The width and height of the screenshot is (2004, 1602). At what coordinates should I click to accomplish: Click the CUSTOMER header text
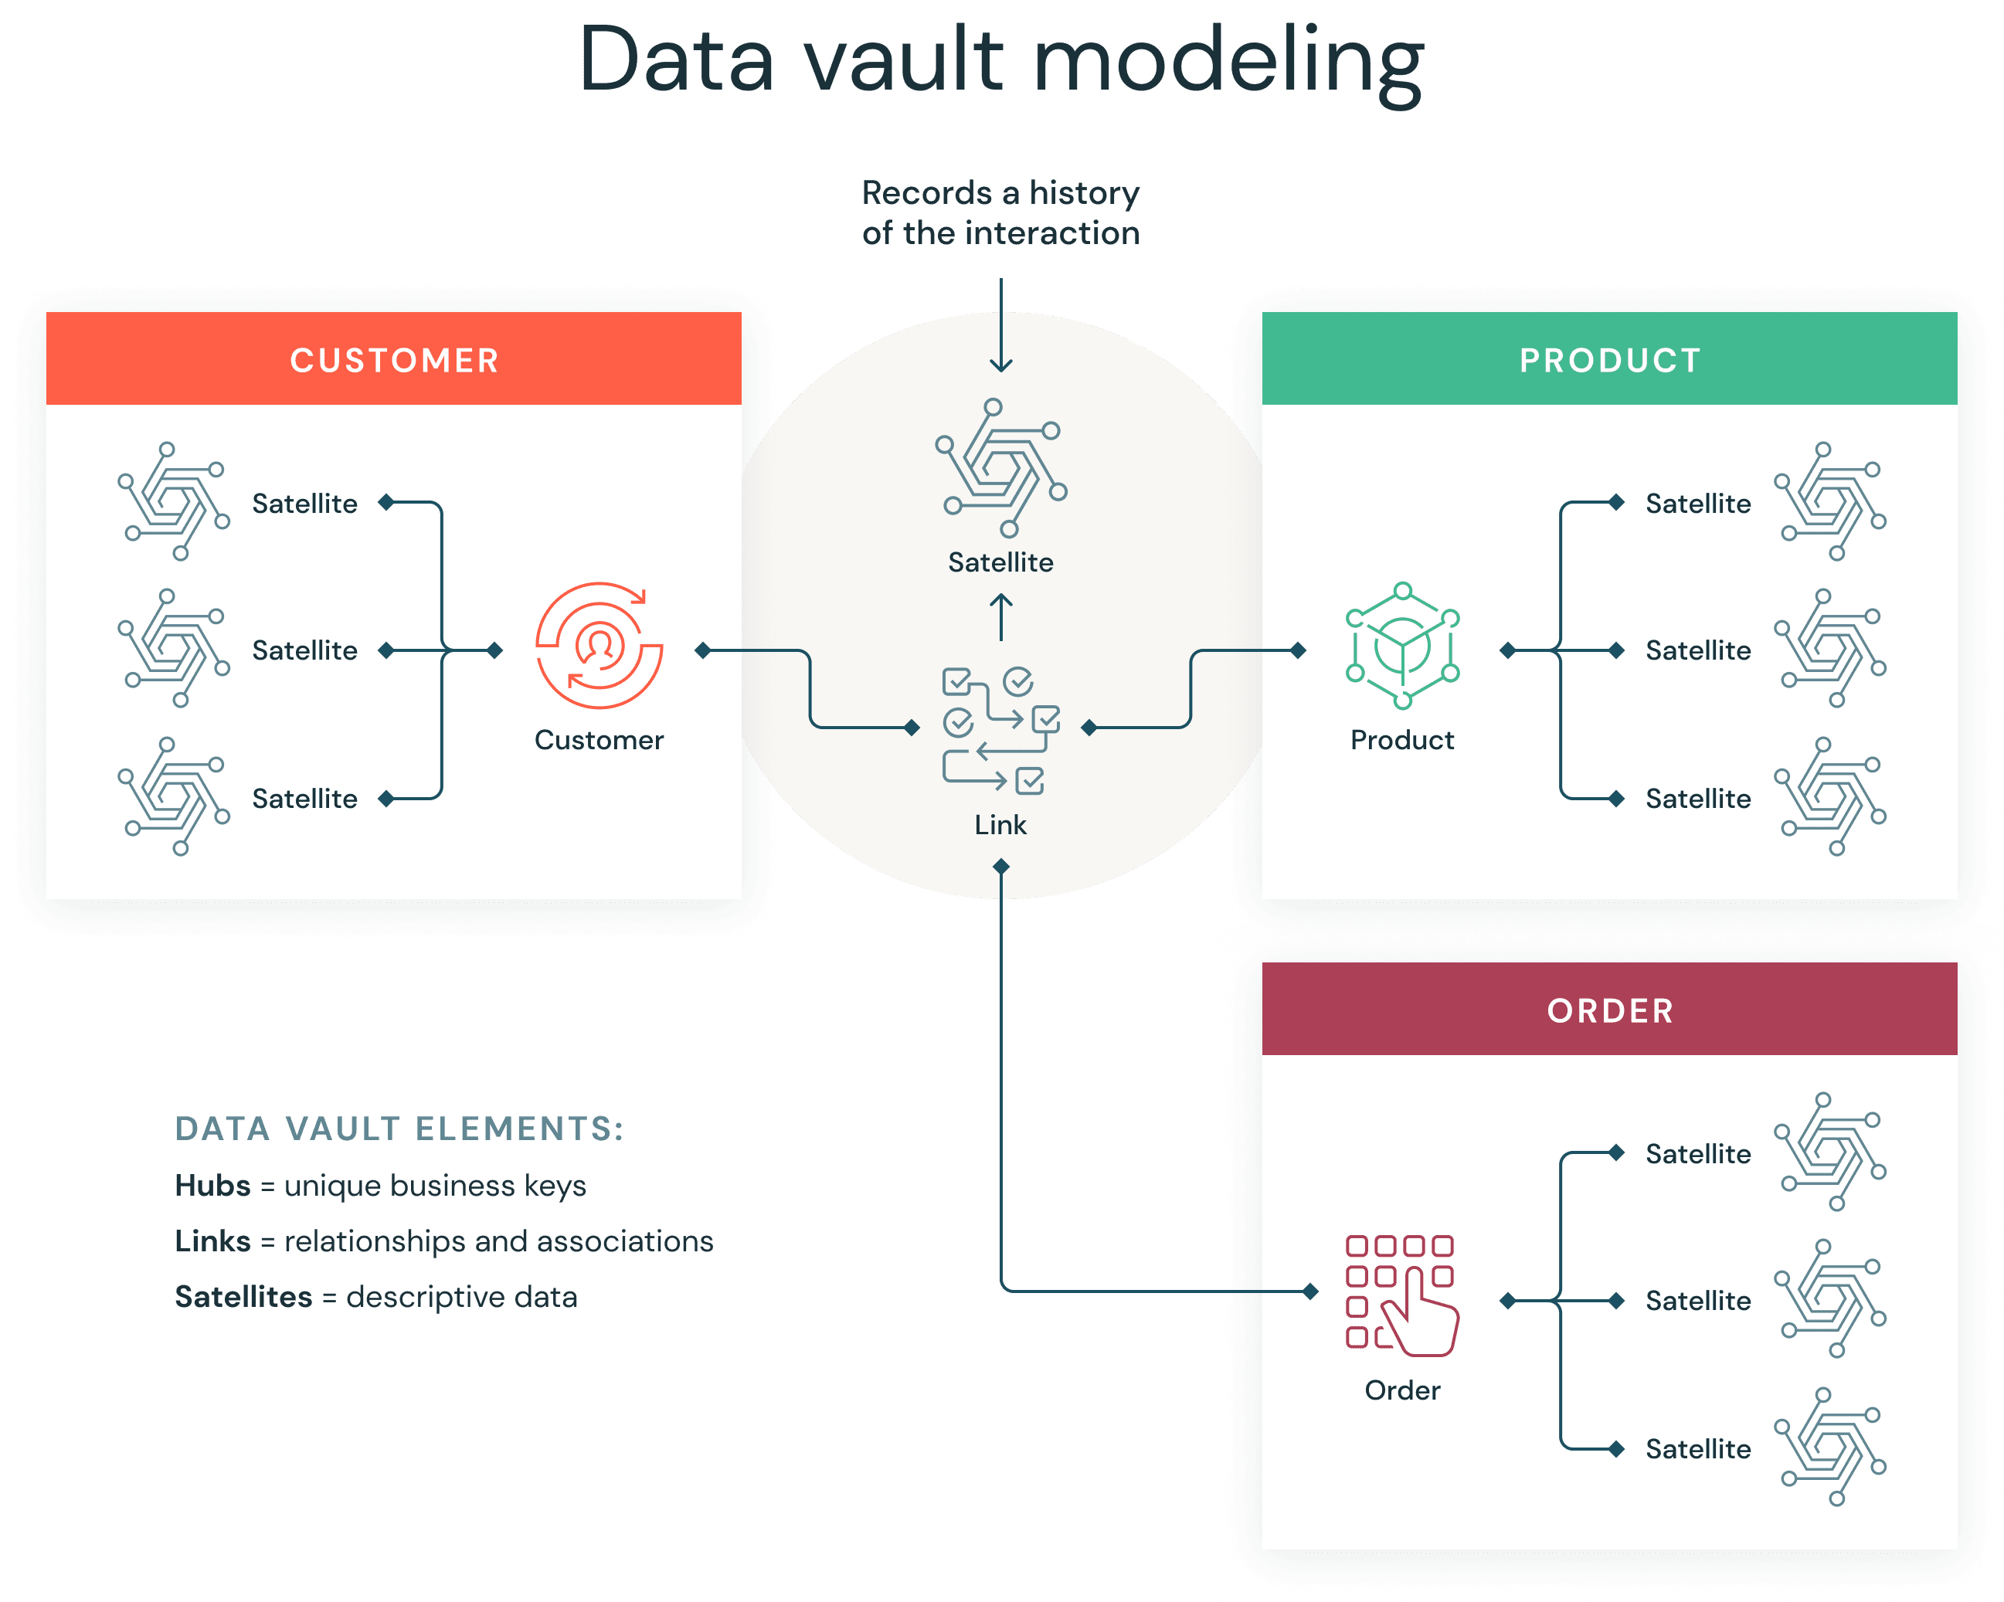(394, 361)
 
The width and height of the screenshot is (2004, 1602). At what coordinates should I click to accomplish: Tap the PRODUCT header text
(1610, 361)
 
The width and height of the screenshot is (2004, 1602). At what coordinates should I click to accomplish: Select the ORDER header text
(1610, 1011)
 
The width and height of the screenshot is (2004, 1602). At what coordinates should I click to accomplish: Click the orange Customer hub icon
(600, 647)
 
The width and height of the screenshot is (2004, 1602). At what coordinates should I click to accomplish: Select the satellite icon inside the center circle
(1000, 468)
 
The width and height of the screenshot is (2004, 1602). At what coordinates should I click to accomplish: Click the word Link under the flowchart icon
(1000, 825)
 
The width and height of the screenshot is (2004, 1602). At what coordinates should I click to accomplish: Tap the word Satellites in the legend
(243, 1297)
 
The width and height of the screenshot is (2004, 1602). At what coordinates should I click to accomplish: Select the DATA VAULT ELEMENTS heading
(399, 1129)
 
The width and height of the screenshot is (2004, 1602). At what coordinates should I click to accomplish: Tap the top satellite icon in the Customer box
(174, 502)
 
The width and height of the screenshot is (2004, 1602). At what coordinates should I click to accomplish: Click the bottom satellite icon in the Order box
(1830, 1447)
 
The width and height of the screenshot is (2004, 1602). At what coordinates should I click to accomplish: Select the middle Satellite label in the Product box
(1697, 650)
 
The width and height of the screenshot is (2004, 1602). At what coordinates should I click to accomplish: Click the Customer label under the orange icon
(600, 741)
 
